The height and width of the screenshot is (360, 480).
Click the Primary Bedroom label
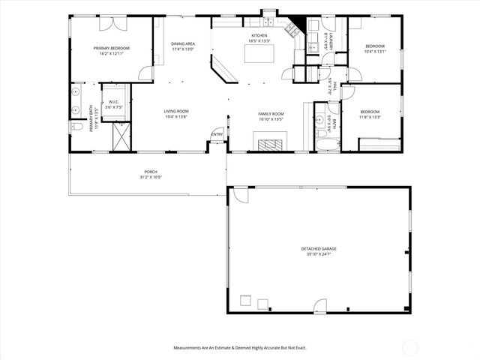[111, 49]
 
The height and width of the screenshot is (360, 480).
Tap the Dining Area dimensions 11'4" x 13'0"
[182, 49]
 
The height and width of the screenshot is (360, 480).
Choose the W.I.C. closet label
[114, 102]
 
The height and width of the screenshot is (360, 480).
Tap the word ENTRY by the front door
[217, 135]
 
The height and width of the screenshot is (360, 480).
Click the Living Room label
[175, 112]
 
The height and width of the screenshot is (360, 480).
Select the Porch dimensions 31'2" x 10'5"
[150, 178]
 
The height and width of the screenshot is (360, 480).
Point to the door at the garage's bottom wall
[320, 307]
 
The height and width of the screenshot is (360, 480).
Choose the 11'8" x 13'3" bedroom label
[370, 113]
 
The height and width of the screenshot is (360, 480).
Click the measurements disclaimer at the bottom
[239, 347]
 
